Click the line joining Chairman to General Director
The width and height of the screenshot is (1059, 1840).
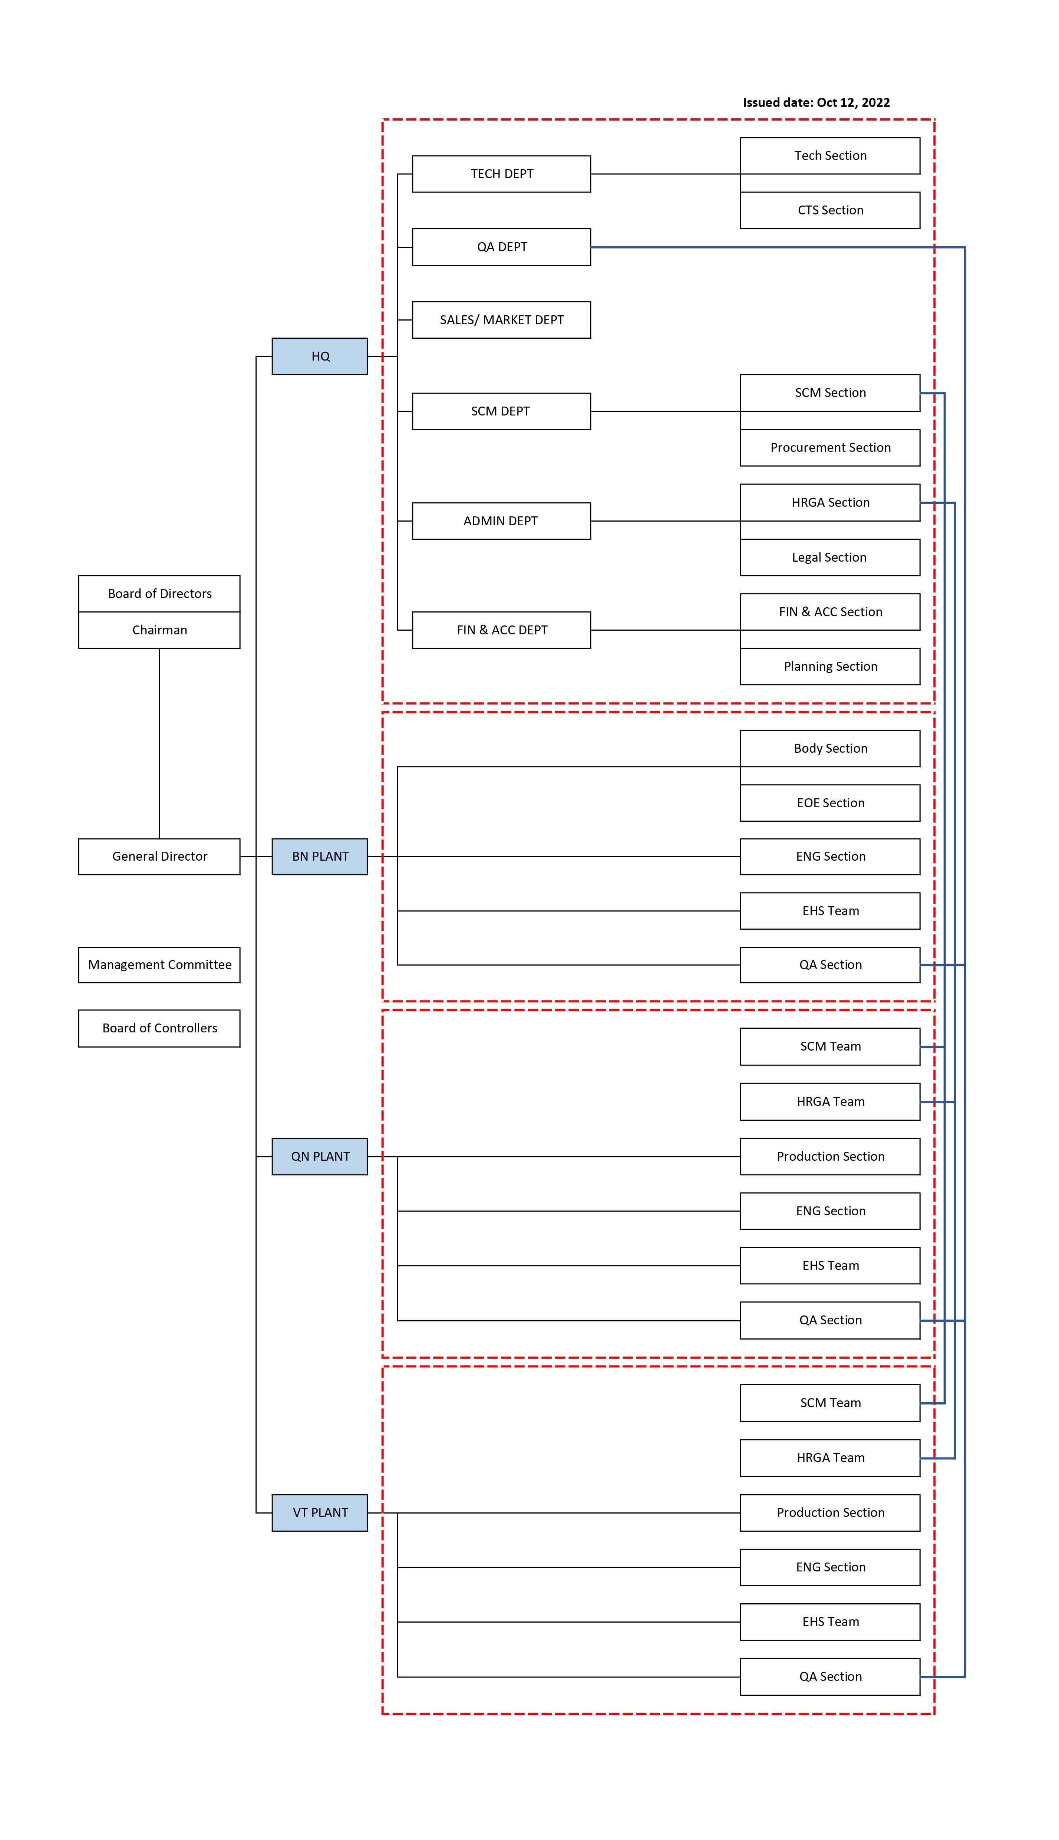pos(159,742)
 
